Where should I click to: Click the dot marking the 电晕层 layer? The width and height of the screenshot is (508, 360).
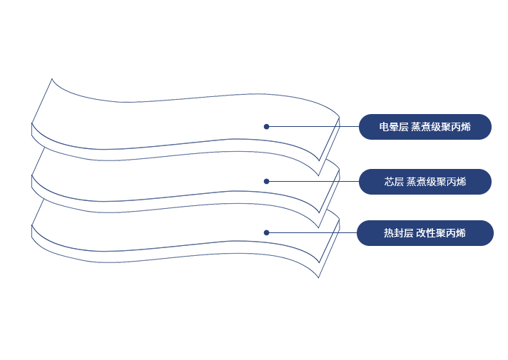tap(266, 127)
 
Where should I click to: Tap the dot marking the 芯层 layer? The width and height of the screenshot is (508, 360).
tap(266, 181)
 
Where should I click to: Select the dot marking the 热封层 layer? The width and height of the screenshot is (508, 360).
tap(266, 232)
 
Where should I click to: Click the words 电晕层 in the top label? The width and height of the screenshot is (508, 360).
tap(393, 127)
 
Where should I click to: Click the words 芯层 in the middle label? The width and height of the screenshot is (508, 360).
tap(394, 182)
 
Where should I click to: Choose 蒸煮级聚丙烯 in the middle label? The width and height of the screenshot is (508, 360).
tap(436, 182)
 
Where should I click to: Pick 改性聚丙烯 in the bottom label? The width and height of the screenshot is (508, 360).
tap(441, 233)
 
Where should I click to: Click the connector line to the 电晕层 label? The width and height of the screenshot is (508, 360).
tap(314, 127)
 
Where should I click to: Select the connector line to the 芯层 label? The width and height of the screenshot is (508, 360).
tap(314, 181)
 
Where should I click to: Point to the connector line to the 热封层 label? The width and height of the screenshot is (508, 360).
tap(314, 232)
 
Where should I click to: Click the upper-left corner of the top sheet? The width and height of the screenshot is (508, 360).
tap(52, 79)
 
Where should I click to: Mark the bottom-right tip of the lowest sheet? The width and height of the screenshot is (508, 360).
tap(319, 277)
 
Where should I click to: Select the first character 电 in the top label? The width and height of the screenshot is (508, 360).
tap(384, 127)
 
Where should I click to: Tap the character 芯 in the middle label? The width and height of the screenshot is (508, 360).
tap(390, 182)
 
